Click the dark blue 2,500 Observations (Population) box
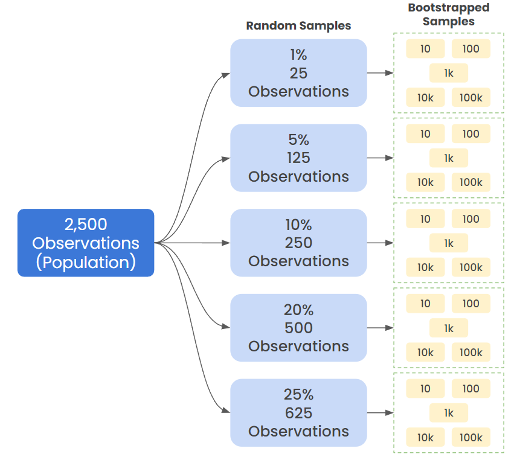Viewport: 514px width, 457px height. [86, 243]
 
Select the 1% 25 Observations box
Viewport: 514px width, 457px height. [298, 73]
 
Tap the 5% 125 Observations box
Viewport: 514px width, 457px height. [298, 158]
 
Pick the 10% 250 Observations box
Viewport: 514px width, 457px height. [298, 243]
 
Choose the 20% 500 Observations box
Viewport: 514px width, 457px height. [298, 328]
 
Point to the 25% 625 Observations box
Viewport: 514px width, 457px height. [298, 413]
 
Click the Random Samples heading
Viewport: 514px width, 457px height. [298, 26]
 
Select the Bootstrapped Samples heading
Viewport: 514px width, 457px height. [448, 14]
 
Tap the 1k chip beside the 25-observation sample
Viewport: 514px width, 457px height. [449, 73]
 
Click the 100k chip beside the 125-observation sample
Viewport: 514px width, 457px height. [471, 182]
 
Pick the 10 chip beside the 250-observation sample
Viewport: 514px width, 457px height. [425, 219]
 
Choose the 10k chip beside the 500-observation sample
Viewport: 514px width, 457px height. [425, 353]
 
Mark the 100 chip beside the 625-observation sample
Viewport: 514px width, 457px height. [471, 389]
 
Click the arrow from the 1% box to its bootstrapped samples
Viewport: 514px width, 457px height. [380, 73]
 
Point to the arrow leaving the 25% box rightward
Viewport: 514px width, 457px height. [380, 413]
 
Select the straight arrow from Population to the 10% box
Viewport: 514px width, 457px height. [193, 243]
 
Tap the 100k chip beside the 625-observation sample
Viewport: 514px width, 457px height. [471, 438]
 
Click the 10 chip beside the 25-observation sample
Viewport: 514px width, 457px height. [425, 49]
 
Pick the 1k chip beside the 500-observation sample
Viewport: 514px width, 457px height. [449, 328]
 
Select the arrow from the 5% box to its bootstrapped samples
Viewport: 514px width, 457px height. [380, 158]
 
